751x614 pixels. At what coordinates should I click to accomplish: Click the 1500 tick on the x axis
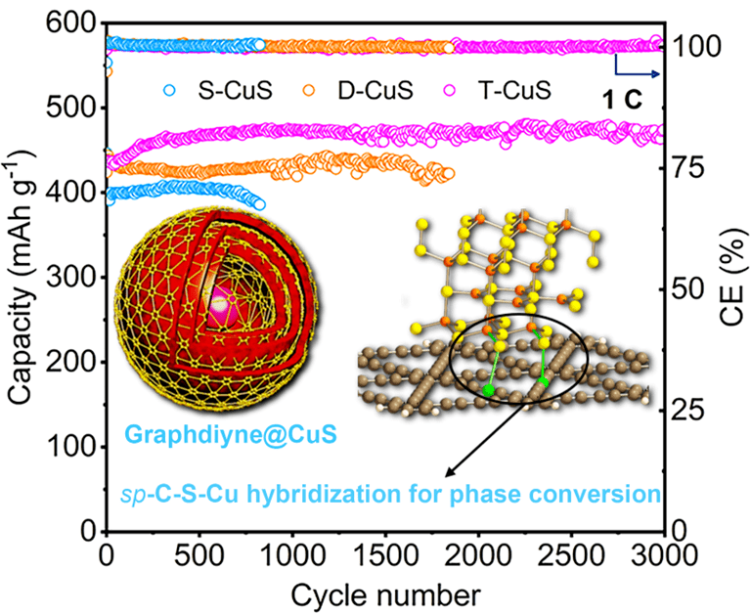[x=385, y=555]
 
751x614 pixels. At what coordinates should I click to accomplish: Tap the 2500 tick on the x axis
[x=571, y=555]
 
